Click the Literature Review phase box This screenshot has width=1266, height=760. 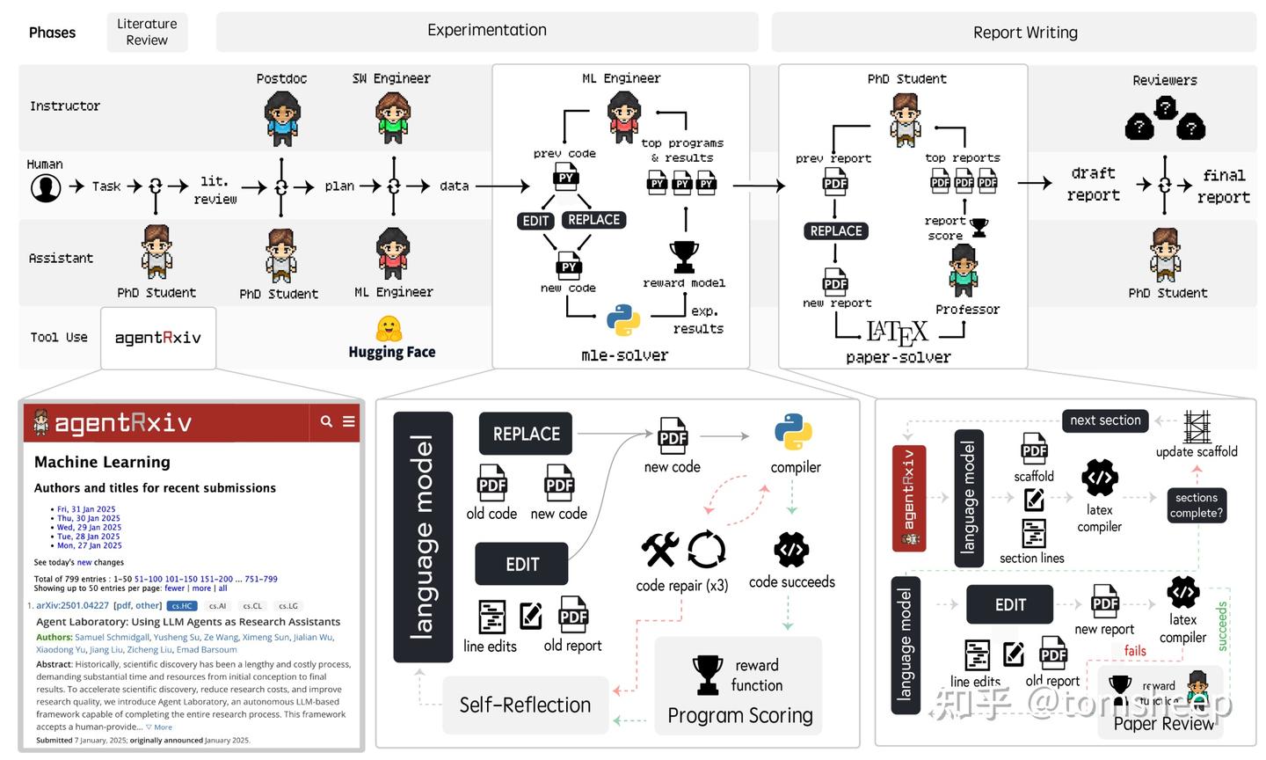tap(147, 32)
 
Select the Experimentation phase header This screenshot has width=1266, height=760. tap(486, 31)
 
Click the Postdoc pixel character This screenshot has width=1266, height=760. tap(281, 118)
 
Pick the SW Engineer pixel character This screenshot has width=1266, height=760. tap(392, 118)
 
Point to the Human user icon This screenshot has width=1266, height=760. tap(46, 186)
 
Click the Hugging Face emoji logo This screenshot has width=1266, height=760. tap(389, 329)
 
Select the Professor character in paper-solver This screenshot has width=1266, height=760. tap(964, 271)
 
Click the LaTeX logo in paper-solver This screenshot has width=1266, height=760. tap(897, 332)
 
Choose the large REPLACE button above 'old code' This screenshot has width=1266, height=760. tap(526, 434)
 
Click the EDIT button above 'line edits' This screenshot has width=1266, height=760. tap(521, 564)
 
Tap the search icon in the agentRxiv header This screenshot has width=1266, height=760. tap(326, 421)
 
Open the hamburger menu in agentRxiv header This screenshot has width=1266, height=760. tap(349, 421)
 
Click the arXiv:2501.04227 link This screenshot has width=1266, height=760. tap(72, 605)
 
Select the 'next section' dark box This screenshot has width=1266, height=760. tap(1105, 420)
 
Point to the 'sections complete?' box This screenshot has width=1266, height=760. tap(1196, 505)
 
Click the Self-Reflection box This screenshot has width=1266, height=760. tap(525, 705)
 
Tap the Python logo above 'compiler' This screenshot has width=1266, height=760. tap(793, 433)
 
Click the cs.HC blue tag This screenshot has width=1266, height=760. tap(183, 606)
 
